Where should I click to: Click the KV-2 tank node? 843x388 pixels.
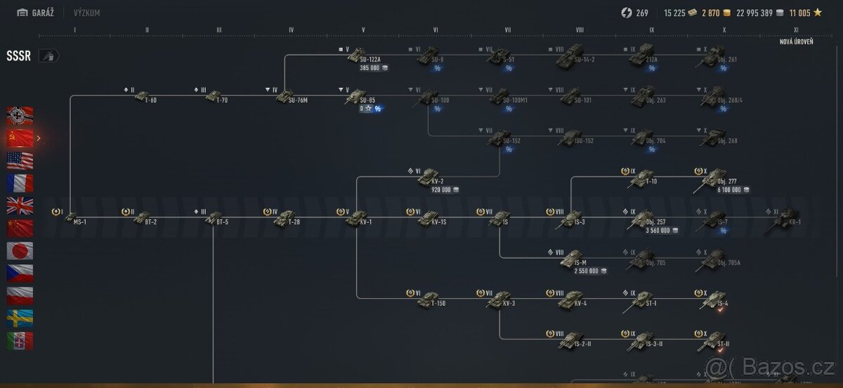pos(428,178)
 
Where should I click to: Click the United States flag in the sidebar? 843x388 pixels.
pos(20,160)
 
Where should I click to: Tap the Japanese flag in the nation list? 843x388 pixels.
pos(20,251)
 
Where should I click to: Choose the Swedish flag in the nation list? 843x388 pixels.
pos(20,318)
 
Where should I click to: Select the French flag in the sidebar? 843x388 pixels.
pos(20,183)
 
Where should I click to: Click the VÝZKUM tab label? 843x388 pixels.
pos(86,13)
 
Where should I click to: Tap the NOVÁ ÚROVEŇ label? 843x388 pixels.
pos(797,42)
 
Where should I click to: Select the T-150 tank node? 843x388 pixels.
pos(428,301)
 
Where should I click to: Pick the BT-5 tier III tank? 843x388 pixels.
pos(213,218)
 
